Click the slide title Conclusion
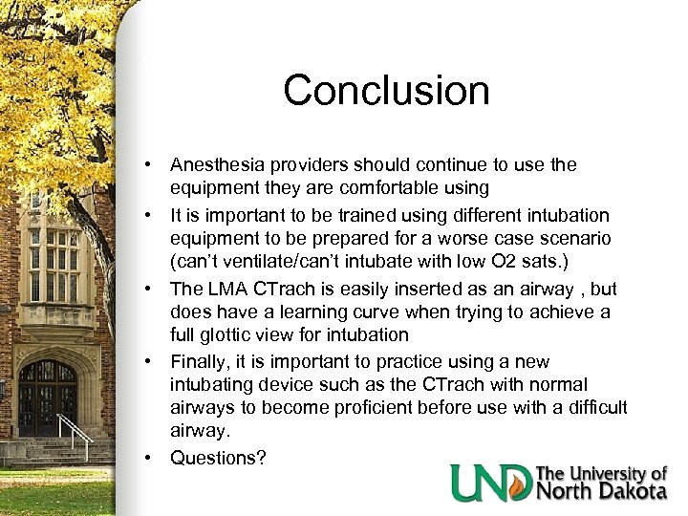(x=386, y=91)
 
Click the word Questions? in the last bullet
(x=218, y=458)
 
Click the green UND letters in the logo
(x=492, y=483)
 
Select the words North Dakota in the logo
(x=602, y=491)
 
